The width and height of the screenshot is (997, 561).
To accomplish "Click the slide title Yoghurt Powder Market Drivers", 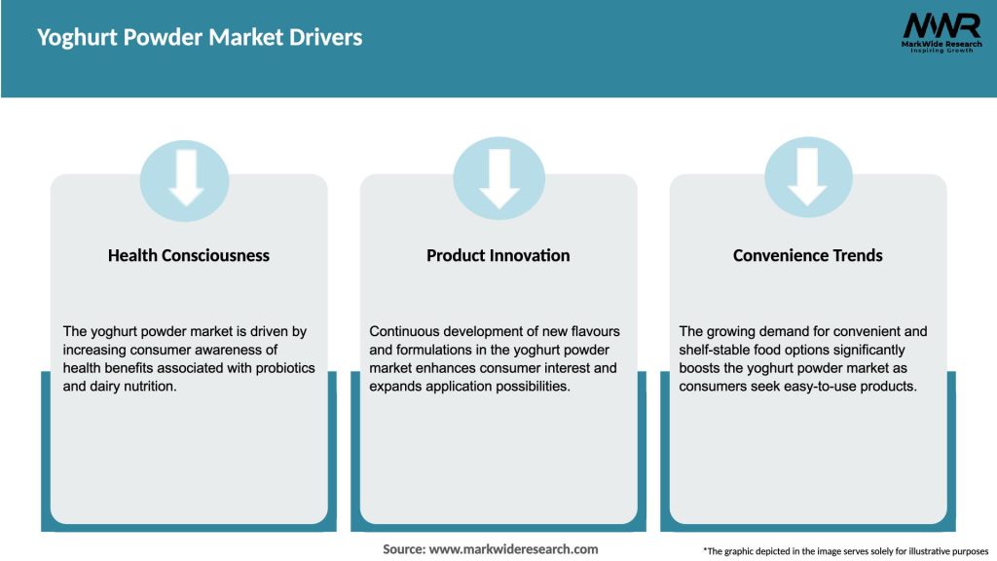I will pos(200,38).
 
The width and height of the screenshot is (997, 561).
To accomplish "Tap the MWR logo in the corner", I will pos(941,26).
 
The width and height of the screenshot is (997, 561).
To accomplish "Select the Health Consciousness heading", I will pos(189,255).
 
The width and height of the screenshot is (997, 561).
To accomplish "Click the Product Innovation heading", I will pos(498,255).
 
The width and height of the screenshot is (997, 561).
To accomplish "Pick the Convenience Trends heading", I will pos(808,255).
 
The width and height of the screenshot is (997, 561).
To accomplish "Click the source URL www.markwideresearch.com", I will pos(514,549).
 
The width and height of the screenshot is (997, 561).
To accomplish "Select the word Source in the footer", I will pos(403,549).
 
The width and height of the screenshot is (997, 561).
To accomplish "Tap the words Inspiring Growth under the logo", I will pos(941,50).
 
